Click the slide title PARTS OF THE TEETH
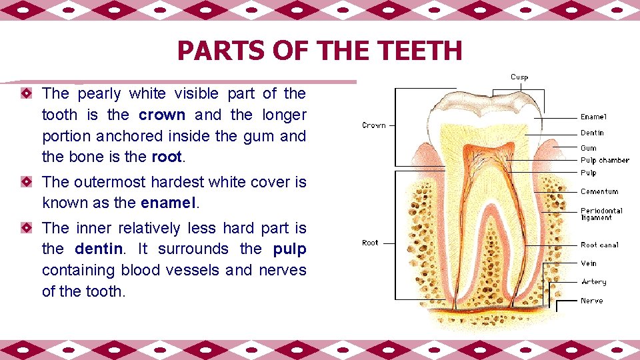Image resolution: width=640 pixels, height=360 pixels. pyautogui.click(x=319, y=51)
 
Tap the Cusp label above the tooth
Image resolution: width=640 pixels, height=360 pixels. pyautogui.click(x=519, y=77)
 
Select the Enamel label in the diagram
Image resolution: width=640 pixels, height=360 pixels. pyautogui.click(x=593, y=117)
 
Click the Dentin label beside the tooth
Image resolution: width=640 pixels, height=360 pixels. pyautogui.click(x=592, y=133)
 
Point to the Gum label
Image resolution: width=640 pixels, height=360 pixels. pyautogui.click(x=589, y=148)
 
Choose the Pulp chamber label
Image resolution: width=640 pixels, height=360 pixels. pyautogui.click(x=605, y=161)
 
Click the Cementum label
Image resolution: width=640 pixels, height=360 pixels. pyautogui.click(x=599, y=192)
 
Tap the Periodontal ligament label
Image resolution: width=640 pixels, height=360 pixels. pyautogui.click(x=601, y=214)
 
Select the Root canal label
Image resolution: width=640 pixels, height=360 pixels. pyautogui.click(x=599, y=245)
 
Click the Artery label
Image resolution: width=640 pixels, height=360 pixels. pyautogui.click(x=593, y=283)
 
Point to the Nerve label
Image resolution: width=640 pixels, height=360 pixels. pyautogui.click(x=591, y=301)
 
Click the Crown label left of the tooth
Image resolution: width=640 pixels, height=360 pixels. pyautogui.click(x=374, y=125)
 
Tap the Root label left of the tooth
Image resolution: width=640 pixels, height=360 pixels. pyautogui.click(x=370, y=243)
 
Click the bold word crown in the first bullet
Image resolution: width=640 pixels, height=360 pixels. pyautogui.click(x=162, y=115)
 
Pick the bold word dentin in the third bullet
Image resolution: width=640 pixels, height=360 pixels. pyautogui.click(x=99, y=249)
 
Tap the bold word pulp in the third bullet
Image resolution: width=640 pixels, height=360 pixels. pyautogui.click(x=289, y=249)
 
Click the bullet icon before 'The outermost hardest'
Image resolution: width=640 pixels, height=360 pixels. pyautogui.click(x=25, y=181)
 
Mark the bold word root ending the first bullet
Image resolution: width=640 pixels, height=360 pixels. pyautogui.click(x=166, y=157)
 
